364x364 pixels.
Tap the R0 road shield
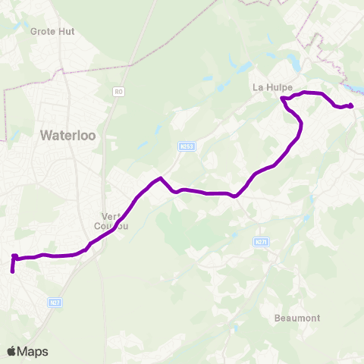coord(118,92)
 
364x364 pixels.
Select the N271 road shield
coord(259,242)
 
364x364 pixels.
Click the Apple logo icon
coord(12,351)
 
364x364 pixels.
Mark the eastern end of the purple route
coord(351,105)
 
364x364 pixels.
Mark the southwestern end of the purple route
coord(12,270)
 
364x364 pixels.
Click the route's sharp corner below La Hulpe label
coord(282,99)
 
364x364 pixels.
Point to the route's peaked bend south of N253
coord(160,179)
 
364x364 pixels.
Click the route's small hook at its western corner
coord(14,257)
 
